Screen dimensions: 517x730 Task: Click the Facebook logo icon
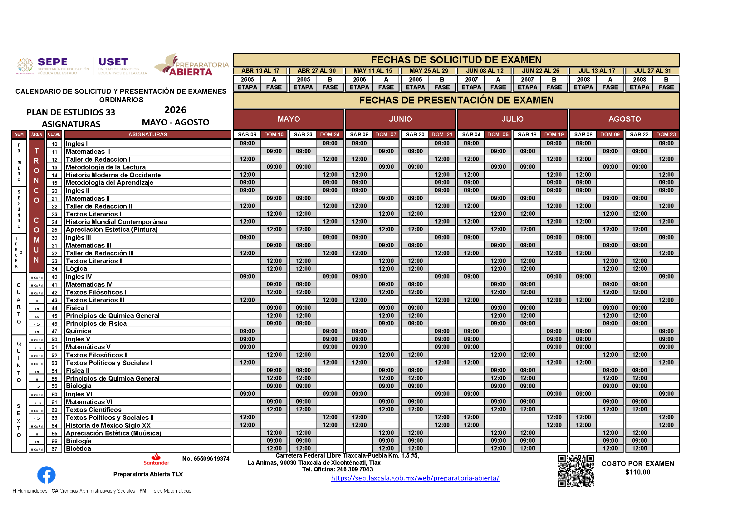[x=47, y=475]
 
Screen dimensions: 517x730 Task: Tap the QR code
[x=576, y=471]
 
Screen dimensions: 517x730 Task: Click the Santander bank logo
[x=156, y=459]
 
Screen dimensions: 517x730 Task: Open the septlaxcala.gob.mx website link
[x=415, y=478]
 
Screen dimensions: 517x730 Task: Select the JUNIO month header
[x=400, y=119]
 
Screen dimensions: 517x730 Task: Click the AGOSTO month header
[x=625, y=119]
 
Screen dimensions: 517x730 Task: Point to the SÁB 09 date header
[x=247, y=134]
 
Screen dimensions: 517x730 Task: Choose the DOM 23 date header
[x=666, y=134]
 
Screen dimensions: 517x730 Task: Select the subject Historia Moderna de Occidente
[x=113, y=175]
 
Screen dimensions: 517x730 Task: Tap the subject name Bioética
[x=79, y=449]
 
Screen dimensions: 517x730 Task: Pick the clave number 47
[x=54, y=331]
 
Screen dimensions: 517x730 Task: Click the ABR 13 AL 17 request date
[x=260, y=71]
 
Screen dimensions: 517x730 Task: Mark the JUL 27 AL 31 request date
[x=652, y=71]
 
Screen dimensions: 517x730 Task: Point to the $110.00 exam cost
[x=638, y=472]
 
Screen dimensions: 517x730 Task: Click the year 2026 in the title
[x=175, y=110]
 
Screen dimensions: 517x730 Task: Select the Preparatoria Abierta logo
[x=191, y=65]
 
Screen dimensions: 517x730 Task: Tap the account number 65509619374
[x=205, y=459]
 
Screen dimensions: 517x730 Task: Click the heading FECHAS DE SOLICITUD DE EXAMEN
[x=456, y=60]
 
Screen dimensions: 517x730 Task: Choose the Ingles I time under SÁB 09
[x=247, y=143]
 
